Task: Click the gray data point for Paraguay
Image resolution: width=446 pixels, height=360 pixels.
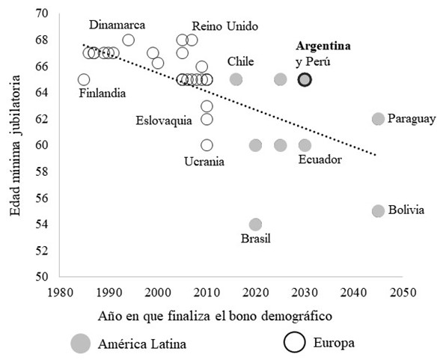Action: click(x=378, y=119)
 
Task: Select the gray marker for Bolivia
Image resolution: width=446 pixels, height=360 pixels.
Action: click(x=378, y=211)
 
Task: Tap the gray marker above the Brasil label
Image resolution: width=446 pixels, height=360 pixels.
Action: click(x=255, y=225)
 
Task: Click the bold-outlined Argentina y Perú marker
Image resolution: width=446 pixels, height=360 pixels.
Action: click(x=305, y=80)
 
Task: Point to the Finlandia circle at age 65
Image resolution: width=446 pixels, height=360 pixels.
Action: click(x=84, y=80)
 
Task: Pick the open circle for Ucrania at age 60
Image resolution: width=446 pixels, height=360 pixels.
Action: click(x=207, y=145)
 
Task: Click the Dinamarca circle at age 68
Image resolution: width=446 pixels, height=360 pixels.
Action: click(x=128, y=40)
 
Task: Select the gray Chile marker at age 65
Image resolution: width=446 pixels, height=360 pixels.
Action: click(x=236, y=79)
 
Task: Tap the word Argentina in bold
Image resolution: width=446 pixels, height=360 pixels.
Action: click(x=323, y=46)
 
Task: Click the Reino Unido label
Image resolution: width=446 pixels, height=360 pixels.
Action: click(x=225, y=26)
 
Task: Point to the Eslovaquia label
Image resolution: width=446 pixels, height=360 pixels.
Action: click(x=164, y=120)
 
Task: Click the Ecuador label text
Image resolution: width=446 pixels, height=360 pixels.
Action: click(x=320, y=159)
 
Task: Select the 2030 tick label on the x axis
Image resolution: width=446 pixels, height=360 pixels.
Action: click(x=305, y=293)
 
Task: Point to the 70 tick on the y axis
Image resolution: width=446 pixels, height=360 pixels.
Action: click(x=42, y=13)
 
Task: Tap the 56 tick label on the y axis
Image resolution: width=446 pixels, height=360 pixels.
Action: click(x=42, y=198)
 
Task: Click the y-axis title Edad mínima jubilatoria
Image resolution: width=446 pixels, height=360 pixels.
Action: click(x=15, y=145)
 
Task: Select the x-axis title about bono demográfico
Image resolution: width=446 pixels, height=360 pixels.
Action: click(x=215, y=317)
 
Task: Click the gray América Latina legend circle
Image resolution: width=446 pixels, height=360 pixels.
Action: click(x=81, y=344)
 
